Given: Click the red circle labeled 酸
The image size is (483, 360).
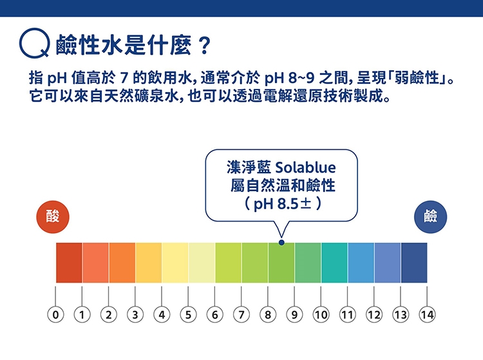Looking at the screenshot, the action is (53, 217).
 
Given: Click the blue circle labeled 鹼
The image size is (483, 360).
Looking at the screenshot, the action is (430, 217).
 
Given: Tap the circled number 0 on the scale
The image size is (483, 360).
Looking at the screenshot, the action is (55, 315).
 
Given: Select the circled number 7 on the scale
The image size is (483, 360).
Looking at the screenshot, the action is (241, 315).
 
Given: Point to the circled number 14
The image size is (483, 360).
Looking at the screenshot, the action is (427, 315).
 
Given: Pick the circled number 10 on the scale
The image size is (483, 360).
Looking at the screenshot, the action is (321, 315).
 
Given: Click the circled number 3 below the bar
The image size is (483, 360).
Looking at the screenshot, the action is (135, 315).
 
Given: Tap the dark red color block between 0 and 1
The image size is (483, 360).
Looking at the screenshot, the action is (69, 263).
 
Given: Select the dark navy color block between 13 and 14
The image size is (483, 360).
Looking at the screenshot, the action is (414, 263).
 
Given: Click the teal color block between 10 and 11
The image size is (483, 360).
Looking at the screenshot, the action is (334, 263).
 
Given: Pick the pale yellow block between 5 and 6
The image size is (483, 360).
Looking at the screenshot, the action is (202, 263).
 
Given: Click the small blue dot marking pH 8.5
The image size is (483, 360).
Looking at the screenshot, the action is (281, 243).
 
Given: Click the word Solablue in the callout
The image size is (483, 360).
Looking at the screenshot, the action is (305, 167).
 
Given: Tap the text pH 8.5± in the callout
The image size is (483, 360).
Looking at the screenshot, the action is (282, 204).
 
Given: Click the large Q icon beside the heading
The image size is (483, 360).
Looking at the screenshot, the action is (34, 43).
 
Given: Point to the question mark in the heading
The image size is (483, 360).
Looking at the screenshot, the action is (204, 46).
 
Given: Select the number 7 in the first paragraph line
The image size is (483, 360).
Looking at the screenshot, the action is (124, 78).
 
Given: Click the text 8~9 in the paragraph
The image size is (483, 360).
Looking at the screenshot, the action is (301, 78).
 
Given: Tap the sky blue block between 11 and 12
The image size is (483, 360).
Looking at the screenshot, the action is (361, 263).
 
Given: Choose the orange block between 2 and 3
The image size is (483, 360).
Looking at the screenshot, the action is (122, 263).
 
